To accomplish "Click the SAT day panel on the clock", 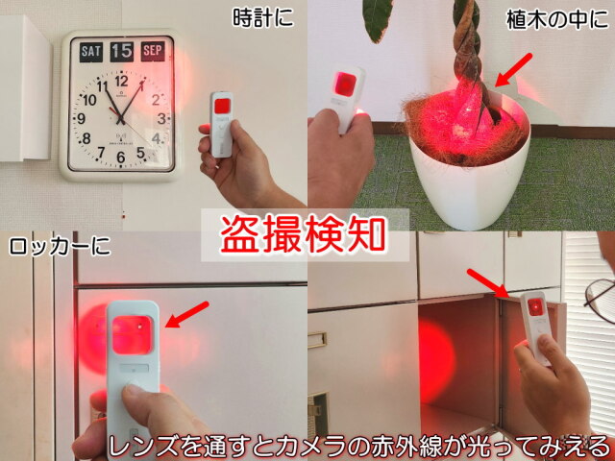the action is point(91,52).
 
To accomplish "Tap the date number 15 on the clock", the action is point(122,52).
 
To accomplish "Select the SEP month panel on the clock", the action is point(153,51).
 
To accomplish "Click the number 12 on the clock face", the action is point(122,81).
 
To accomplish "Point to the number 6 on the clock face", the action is point(121,158).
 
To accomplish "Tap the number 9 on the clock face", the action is point(81,118).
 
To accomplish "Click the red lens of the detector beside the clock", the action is point(222,106).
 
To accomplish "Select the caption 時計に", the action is point(262,17).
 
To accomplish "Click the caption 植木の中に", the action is point(557,19).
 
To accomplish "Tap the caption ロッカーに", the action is point(60,247).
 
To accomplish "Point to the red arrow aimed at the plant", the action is point(513,69).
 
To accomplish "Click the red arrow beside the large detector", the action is point(187,314).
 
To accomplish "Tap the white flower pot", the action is point(469,177).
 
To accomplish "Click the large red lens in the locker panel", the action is point(133,335).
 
